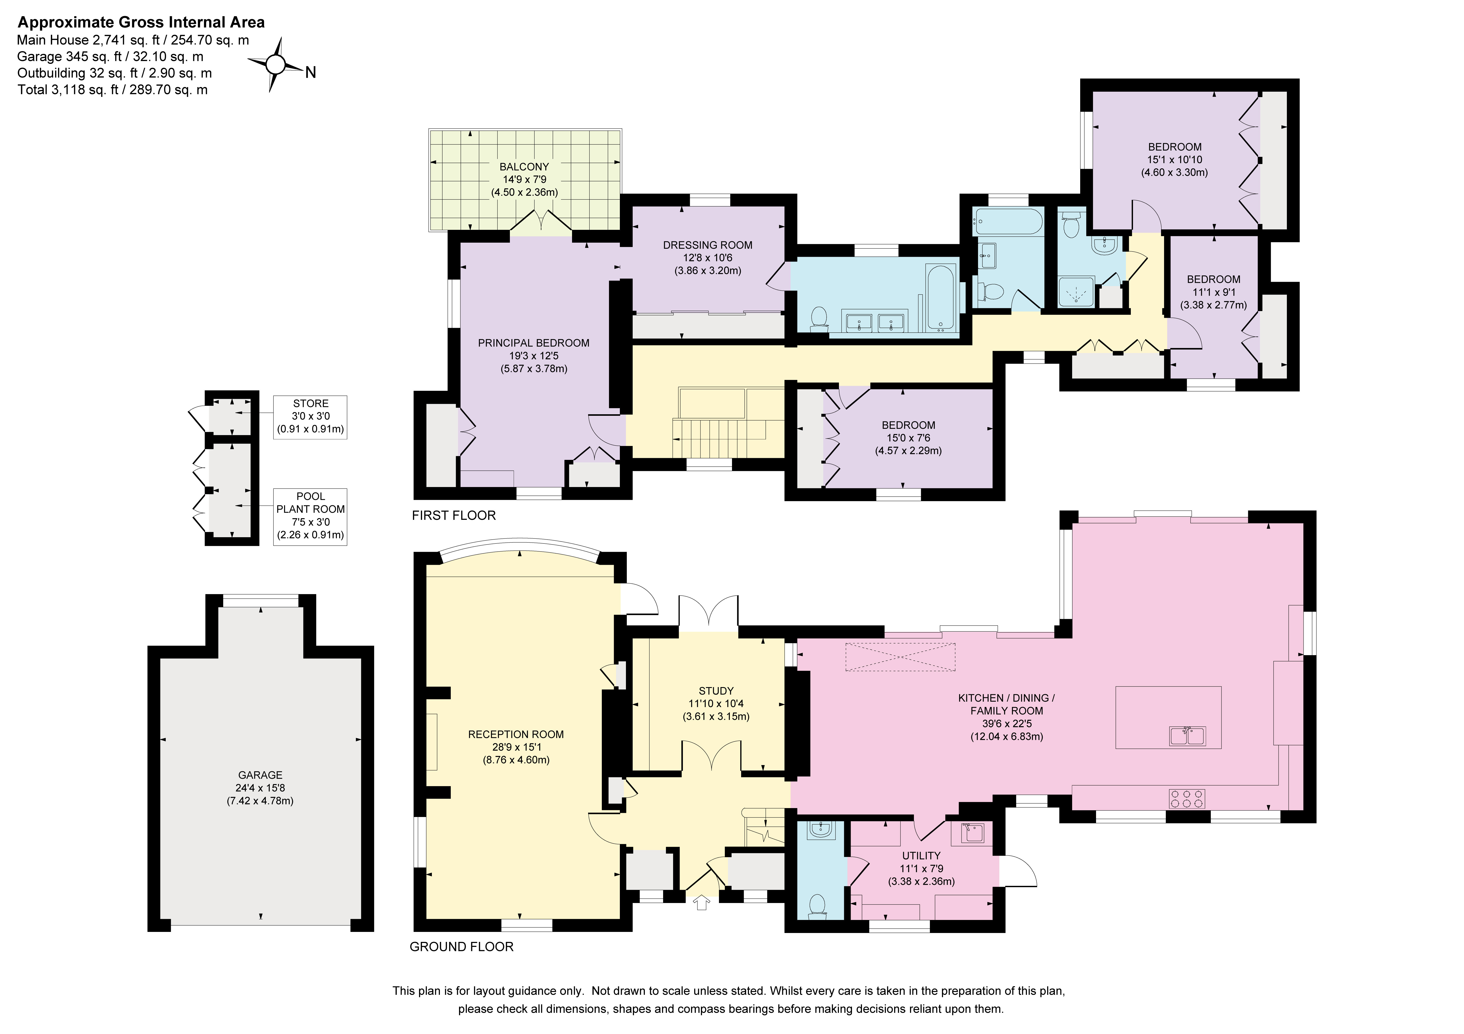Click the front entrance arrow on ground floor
701,902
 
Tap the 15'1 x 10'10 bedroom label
1175,159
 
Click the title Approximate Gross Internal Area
141,22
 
